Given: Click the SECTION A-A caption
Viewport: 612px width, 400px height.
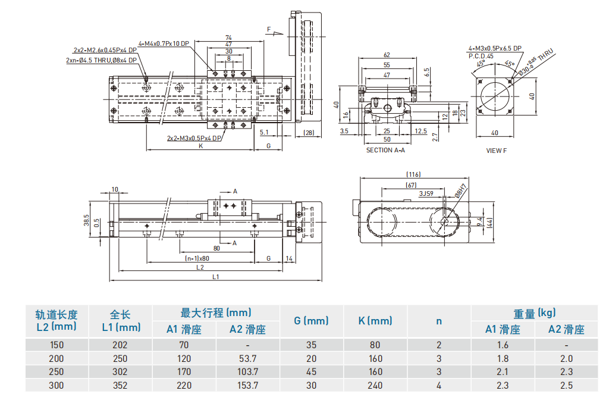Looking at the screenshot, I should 385,150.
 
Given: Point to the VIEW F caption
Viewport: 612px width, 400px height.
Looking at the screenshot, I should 496,151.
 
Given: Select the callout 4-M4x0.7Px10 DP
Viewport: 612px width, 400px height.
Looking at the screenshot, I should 164,43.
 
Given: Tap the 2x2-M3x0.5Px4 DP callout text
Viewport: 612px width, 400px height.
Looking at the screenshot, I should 194,138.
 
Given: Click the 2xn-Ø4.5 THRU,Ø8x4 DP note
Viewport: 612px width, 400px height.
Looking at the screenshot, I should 102,60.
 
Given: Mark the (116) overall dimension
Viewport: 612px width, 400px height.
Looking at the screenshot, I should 413,174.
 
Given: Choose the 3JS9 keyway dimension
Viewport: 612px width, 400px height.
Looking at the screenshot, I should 425,193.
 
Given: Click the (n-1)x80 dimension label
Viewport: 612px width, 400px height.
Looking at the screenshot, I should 197,258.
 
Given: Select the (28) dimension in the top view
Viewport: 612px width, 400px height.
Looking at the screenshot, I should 308,132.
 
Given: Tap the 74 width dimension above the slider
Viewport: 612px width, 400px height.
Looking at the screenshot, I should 228,38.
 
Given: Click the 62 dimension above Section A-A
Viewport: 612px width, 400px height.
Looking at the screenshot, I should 387,55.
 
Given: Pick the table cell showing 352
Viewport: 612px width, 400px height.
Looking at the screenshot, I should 120,385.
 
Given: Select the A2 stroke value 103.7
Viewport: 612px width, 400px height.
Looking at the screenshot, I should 247,372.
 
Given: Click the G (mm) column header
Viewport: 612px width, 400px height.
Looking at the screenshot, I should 311,321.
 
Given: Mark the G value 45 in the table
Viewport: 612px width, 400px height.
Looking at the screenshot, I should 311,372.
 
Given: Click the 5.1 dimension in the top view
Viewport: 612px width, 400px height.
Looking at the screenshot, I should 264,132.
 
